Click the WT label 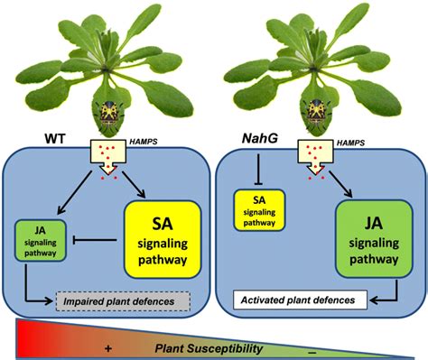coord(55,139)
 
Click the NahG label coord(260,139)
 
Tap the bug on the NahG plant coord(317,113)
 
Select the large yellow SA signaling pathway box coord(163,239)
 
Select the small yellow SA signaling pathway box coord(259,210)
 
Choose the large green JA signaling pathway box coord(374,239)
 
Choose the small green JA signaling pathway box coord(41,241)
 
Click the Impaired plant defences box coord(124,301)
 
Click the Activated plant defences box coord(301,300)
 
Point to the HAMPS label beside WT coord(144,142)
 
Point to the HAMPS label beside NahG coord(350,143)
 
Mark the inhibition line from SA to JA coord(95,240)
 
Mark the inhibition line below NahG coord(258,169)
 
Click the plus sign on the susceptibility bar coord(108,348)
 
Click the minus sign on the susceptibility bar coord(312,352)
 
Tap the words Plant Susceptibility coord(209,348)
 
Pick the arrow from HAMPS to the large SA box coord(134,184)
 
